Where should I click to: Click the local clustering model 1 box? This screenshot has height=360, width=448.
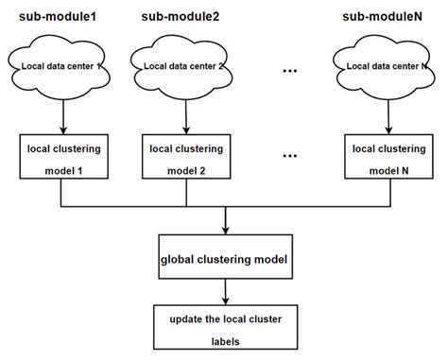(x=60, y=157)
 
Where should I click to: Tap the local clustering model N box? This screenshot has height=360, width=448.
(x=387, y=157)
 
